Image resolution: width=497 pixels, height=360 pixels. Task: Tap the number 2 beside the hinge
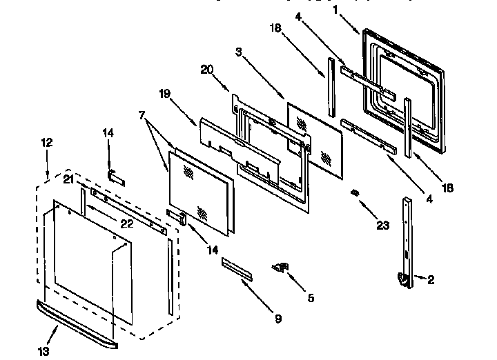tap(431, 279)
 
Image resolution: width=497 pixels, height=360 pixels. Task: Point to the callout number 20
tap(206, 69)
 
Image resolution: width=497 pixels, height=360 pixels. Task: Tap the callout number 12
tap(46, 143)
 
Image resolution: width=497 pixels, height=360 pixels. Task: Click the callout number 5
tap(311, 298)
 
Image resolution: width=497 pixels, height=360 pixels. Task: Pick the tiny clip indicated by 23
tap(355, 192)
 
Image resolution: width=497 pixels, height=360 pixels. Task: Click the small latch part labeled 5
tap(282, 267)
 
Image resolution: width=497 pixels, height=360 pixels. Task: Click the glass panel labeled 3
tap(314, 134)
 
